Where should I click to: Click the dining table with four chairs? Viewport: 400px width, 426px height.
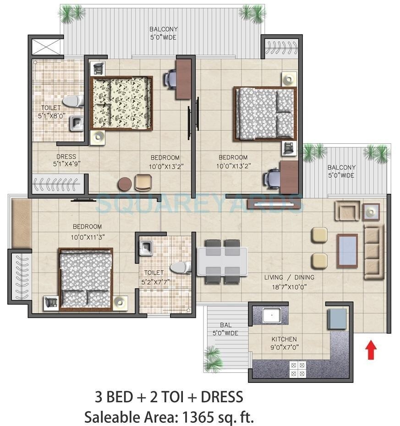point(223,262)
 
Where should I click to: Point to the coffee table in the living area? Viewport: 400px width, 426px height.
point(347,250)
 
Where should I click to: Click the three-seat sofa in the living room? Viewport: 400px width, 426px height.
point(373,251)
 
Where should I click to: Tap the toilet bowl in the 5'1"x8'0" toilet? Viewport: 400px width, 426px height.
point(73,100)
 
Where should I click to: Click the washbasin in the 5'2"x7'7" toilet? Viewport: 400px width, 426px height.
point(146,248)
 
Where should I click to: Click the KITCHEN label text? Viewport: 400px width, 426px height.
point(284,339)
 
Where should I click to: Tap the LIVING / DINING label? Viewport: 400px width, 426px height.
point(289,278)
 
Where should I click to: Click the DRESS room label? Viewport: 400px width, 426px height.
point(66,157)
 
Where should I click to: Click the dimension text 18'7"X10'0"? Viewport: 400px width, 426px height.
point(289,287)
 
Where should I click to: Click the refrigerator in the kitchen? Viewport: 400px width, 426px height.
point(337,318)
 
